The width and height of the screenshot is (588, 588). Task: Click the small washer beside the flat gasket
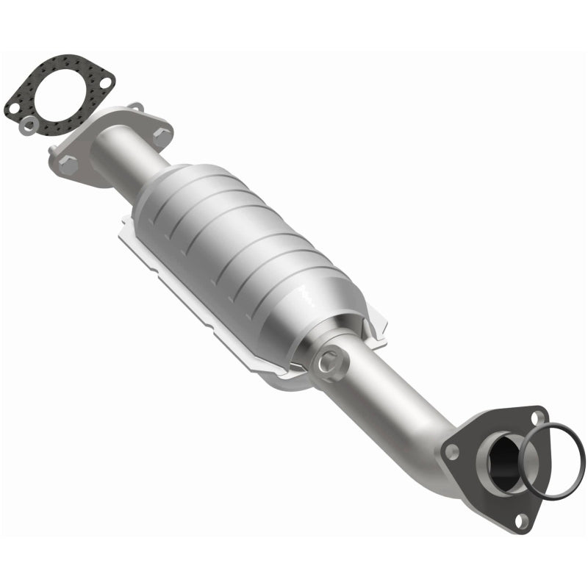pyautogui.click(x=29, y=126)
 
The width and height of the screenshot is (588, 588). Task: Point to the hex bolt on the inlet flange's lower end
pyautogui.click(x=68, y=165)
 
